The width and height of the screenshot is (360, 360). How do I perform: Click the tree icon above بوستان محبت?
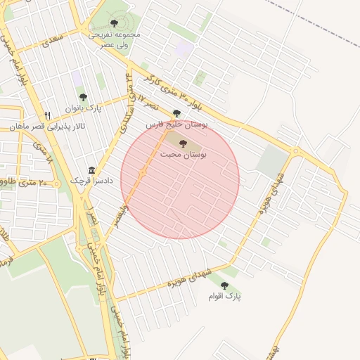point(183,143)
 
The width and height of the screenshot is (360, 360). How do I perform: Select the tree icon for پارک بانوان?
point(83,98)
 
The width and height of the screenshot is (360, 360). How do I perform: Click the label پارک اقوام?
point(224,297)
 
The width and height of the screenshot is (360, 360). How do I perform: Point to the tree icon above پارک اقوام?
point(224,285)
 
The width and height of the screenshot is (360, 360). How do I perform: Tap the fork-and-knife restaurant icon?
point(47,115)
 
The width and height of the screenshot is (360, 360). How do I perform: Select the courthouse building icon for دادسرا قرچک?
point(91,170)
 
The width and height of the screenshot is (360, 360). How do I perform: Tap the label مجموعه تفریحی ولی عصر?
point(115,39)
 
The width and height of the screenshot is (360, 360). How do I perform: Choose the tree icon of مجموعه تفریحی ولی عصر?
point(115,22)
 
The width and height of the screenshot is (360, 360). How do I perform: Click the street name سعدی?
point(52,38)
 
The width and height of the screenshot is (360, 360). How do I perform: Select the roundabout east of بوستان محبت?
point(296,151)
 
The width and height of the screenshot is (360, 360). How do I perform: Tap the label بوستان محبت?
point(183,155)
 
